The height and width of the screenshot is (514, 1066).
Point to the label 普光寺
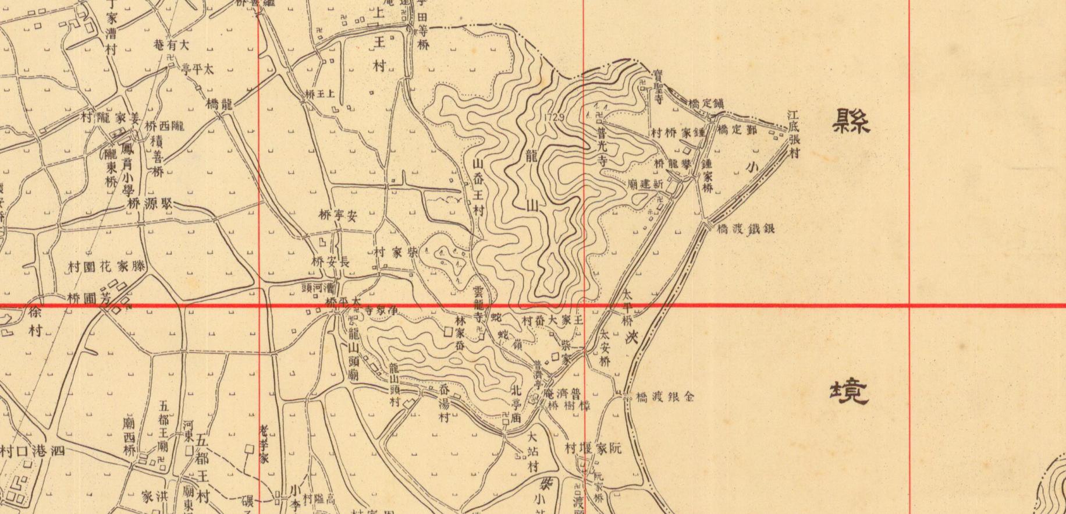pos(601,147)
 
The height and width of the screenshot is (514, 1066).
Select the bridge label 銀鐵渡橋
pos(745,229)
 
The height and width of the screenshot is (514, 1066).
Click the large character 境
pos(849,391)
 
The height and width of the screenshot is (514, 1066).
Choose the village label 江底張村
pos(794,135)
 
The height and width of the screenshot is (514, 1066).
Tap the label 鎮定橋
pos(706,105)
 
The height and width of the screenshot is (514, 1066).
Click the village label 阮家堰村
pos(593,448)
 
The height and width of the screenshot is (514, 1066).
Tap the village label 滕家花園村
pos(106,267)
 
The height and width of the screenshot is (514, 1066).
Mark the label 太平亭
pos(198,69)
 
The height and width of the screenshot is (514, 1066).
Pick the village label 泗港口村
pos(33,451)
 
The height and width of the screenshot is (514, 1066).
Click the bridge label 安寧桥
pos(337,216)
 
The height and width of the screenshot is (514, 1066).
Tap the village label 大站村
pos(532,452)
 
